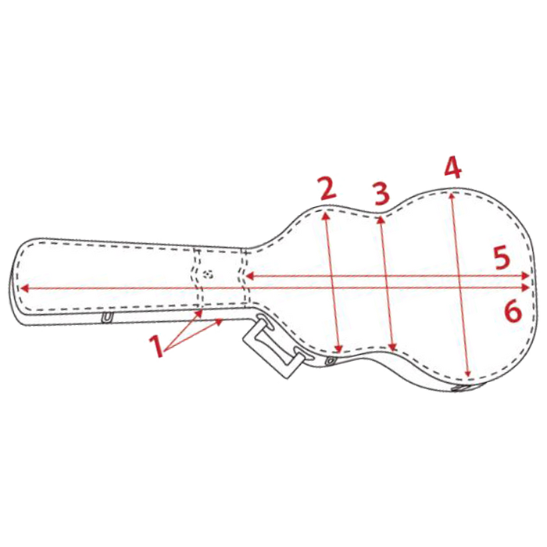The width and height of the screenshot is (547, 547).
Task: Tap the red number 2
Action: click(x=328, y=189)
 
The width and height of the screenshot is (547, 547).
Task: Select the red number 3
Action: click(x=381, y=194)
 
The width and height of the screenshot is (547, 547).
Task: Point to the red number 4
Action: click(x=452, y=167)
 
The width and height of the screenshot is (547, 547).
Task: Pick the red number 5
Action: click(x=502, y=258)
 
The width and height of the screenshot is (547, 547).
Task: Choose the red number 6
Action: click(x=513, y=312)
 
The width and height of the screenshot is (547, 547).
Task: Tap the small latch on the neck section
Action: click(x=108, y=317)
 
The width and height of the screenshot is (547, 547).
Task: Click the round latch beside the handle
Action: click(x=330, y=361)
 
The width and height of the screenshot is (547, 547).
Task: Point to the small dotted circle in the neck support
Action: click(x=209, y=274)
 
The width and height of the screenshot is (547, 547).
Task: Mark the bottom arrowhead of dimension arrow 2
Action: click(x=338, y=349)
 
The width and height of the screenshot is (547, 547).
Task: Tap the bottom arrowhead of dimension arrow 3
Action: click(x=393, y=348)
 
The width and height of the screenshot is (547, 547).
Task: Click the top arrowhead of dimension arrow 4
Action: click(x=452, y=195)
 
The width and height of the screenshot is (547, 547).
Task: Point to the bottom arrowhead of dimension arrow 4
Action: click(x=469, y=374)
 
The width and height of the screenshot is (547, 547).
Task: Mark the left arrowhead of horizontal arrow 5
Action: click(x=249, y=277)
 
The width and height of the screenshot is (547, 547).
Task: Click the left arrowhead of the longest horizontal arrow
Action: click(x=24, y=288)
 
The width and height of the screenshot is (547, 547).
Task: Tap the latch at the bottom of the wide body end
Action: click(x=461, y=388)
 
